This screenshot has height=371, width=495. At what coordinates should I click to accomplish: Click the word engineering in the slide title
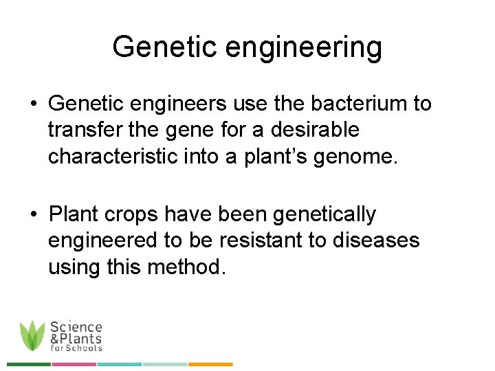click(304, 48)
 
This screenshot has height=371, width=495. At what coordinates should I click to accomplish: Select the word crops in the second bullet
click(132, 215)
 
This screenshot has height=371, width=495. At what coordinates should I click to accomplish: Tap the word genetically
click(324, 215)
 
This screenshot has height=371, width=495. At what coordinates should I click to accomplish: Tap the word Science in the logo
click(76, 328)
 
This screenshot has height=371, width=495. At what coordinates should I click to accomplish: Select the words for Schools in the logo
click(76, 348)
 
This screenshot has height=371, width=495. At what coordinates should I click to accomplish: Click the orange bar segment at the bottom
click(210, 364)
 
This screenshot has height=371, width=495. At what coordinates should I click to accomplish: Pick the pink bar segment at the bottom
click(74, 364)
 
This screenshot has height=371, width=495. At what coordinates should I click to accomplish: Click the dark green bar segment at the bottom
click(29, 364)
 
